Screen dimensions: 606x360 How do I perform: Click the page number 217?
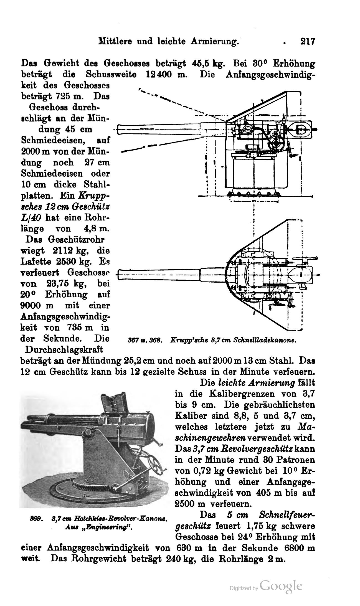pos(308,42)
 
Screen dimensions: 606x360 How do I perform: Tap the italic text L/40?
pos(31,217)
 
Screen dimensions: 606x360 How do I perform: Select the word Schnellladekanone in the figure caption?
pos(265,340)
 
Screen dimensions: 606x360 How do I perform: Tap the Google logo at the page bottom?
pos(281,586)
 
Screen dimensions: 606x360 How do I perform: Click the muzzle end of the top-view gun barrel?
pos(118,275)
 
